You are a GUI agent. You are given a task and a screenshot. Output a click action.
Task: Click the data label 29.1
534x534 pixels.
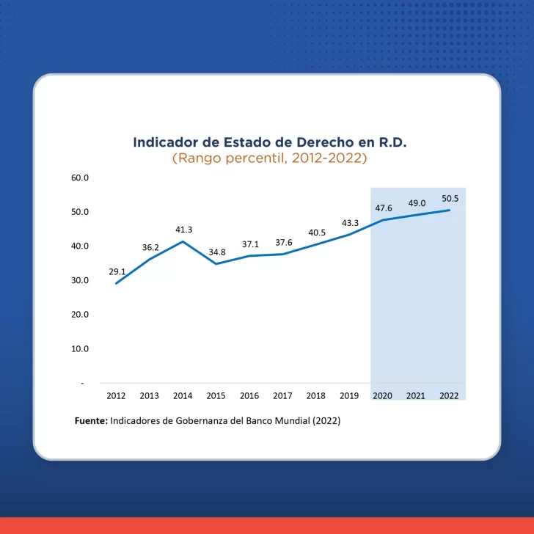click(117, 271)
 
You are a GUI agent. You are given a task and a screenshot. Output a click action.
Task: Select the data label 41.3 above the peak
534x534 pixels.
click(183, 230)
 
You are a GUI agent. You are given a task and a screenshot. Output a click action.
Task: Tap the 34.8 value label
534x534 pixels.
click(217, 252)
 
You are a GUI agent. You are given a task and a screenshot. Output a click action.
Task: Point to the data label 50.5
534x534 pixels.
click(450, 198)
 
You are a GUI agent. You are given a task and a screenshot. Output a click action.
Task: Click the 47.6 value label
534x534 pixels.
click(384, 208)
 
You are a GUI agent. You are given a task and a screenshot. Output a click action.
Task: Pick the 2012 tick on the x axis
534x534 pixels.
click(116, 395)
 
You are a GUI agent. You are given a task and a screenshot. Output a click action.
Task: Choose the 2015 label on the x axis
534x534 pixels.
click(216, 395)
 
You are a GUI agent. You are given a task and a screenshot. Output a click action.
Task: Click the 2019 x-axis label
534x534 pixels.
click(349, 395)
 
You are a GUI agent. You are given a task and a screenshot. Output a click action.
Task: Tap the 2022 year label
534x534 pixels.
click(449, 395)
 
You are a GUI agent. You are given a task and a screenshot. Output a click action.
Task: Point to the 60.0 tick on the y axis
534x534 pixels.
click(79, 178)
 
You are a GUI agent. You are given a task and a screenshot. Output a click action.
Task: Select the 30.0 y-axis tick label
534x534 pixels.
click(79, 280)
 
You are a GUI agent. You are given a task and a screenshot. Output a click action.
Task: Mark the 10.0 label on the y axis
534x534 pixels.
click(79, 348)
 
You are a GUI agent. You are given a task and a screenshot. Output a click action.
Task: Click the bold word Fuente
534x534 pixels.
click(91, 422)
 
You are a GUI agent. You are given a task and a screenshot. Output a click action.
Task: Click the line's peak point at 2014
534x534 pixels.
click(183, 241)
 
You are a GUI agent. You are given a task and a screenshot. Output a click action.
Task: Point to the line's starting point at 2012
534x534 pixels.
click(116, 283)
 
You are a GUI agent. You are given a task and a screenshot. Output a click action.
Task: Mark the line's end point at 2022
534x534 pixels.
click(449, 210)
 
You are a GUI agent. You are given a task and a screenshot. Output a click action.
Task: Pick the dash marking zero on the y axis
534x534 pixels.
click(82, 383)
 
